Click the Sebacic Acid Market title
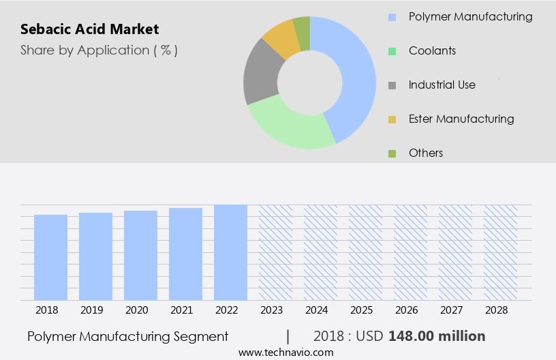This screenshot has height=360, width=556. pos(89,29)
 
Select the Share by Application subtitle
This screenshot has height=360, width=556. pos(99,50)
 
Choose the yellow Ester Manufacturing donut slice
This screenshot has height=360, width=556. pos(281,39)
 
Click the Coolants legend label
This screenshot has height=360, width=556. pos(432,50)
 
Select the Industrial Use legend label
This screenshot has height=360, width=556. pos(442,85)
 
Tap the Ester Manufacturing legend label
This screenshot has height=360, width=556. pos(461,119)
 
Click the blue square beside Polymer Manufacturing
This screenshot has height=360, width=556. pos(392,17)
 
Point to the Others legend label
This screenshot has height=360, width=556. pos(425,153)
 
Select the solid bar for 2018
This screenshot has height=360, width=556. pos(51,257)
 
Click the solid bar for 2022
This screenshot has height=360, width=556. pos(230,252)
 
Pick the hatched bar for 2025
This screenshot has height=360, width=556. pos(365,252)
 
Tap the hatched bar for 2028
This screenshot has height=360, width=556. pos(500,252)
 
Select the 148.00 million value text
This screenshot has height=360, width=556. pos(437,336)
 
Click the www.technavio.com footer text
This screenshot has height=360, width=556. pos(285,352)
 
